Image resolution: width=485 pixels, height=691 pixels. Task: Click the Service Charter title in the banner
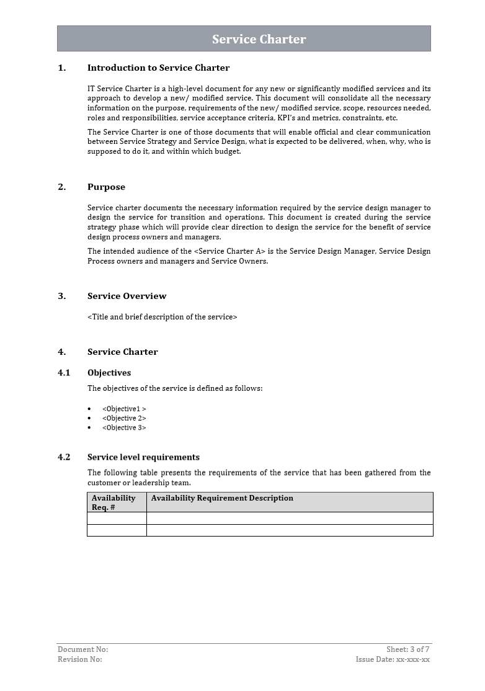coord(259,39)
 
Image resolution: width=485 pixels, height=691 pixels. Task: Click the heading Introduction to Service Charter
coord(158,68)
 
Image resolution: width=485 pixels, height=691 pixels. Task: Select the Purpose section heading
coord(106,187)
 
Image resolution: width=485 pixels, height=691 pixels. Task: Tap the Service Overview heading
coord(127,296)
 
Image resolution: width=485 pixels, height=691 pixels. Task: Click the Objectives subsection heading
coord(109,373)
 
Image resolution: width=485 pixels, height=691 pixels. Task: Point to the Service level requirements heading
coord(143,457)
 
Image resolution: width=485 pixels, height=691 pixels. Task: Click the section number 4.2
coord(64,457)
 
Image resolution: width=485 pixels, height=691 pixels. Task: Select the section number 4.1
coord(64,373)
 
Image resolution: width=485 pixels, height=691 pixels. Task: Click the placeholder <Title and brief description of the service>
coord(162,317)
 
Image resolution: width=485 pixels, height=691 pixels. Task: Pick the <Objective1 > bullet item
coord(124,409)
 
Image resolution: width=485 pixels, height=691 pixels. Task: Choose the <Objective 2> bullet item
coord(124,419)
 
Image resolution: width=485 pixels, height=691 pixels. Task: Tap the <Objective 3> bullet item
coord(124,428)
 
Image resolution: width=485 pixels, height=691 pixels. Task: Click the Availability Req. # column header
coord(113,502)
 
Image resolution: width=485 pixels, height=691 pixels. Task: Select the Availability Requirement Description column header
coord(222,498)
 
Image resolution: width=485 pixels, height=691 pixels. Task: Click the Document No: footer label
coord(82,649)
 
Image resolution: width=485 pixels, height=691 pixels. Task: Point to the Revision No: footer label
coord(80,659)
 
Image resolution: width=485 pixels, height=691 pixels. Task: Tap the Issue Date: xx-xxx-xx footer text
coord(393,659)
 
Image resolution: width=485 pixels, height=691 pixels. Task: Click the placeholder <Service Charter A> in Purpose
coord(229,251)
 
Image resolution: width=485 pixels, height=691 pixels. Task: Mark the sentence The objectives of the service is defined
coord(175,389)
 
